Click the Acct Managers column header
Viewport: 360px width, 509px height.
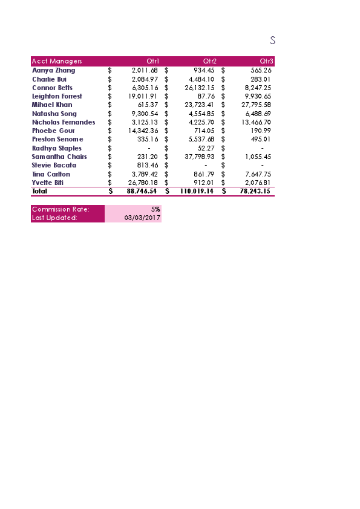click(57, 61)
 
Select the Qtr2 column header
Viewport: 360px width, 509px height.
click(210, 61)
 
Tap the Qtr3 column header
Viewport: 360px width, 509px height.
click(267, 61)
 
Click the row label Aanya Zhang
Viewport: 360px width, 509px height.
click(54, 70)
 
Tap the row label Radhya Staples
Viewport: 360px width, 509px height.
click(57, 148)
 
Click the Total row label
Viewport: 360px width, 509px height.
click(40, 191)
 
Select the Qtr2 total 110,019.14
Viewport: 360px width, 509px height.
click(197, 191)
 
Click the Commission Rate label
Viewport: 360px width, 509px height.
click(61, 209)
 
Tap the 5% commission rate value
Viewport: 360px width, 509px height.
click(155, 209)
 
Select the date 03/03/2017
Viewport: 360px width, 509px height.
click(142, 218)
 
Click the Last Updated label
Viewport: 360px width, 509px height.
click(54, 218)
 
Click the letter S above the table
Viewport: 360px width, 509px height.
click(273, 41)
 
